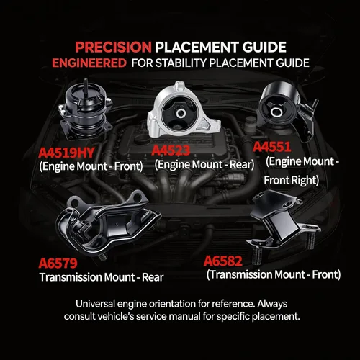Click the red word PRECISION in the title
point(113,47)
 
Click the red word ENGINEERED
point(89,63)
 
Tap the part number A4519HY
point(66,153)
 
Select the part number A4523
point(171,150)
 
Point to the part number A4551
point(272,147)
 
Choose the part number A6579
point(58,263)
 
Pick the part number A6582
point(223,261)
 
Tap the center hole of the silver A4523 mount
point(181,113)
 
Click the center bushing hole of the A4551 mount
point(276,112)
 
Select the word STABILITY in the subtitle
point(181,63)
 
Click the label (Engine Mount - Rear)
point(204,165)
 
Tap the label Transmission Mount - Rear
point(102,277)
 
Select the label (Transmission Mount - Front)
point(274,274)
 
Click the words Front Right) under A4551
point(292,180)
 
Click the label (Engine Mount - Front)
point(91,166)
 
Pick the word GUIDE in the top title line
point(264,47)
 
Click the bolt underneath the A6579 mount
point(103,257)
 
